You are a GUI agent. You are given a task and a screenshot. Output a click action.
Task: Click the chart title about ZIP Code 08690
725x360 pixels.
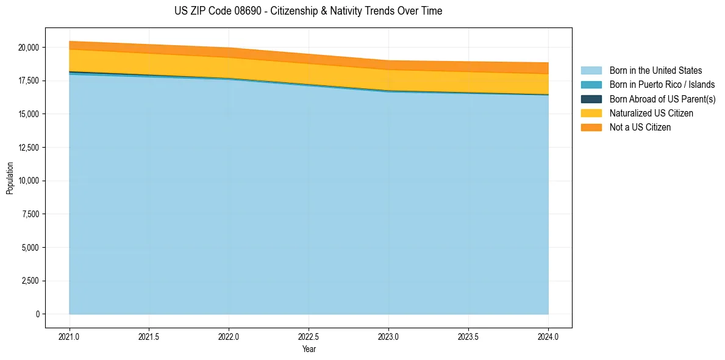coord(309,11)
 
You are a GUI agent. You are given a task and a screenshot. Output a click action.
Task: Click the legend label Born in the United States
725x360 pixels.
coord(655,71)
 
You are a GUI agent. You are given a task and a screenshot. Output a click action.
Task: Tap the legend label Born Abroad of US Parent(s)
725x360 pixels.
coord(662,99)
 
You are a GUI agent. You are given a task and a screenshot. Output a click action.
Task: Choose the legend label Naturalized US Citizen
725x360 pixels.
coord(651,113)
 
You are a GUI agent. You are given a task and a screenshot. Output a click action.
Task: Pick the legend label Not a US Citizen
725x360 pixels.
coord(640,128)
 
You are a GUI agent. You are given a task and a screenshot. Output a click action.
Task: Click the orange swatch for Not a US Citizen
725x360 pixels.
coord(591,128)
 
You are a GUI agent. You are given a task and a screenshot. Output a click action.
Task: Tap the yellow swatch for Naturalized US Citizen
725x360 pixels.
coord(591,113)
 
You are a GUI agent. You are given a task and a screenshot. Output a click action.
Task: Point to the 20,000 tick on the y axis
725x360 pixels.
coord(29,48)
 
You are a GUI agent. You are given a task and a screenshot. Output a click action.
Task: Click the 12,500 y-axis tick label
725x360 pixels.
coord(29,148)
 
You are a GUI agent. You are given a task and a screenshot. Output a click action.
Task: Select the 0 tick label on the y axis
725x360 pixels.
coord(37,314)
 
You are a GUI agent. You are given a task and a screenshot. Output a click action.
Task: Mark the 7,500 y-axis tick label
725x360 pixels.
coord(30,214)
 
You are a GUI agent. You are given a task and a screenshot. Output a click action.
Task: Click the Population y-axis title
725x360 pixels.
coord(10,178)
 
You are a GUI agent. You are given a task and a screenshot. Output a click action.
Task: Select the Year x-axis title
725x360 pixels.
coord(309,350)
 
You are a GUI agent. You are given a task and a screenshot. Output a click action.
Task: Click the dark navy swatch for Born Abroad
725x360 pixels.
coord(591,99)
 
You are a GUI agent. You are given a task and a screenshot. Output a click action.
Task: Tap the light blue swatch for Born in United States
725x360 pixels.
coord(591,71)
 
